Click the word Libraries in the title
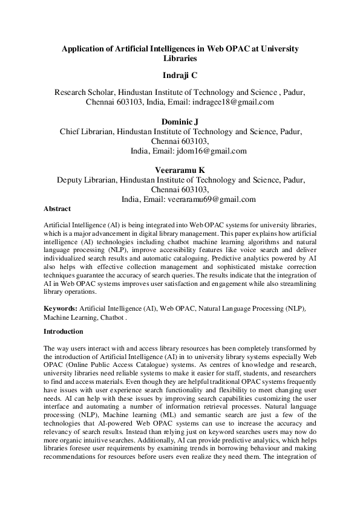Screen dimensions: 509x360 pos(180,59)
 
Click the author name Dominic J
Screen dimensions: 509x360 pos(180,122)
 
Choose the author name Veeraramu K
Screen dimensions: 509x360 pos(180,170)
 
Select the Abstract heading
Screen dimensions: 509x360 pos(57,209)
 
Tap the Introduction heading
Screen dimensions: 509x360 pos(64,331)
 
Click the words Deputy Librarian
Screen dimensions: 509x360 pos(86,180)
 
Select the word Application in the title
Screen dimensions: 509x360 pos(83,48)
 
